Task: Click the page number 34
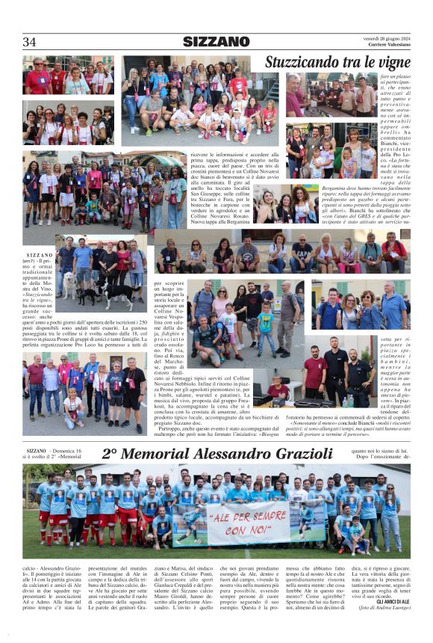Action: point(29,42)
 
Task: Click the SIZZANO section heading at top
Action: point(216,42)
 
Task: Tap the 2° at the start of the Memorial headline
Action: point(110,454)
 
